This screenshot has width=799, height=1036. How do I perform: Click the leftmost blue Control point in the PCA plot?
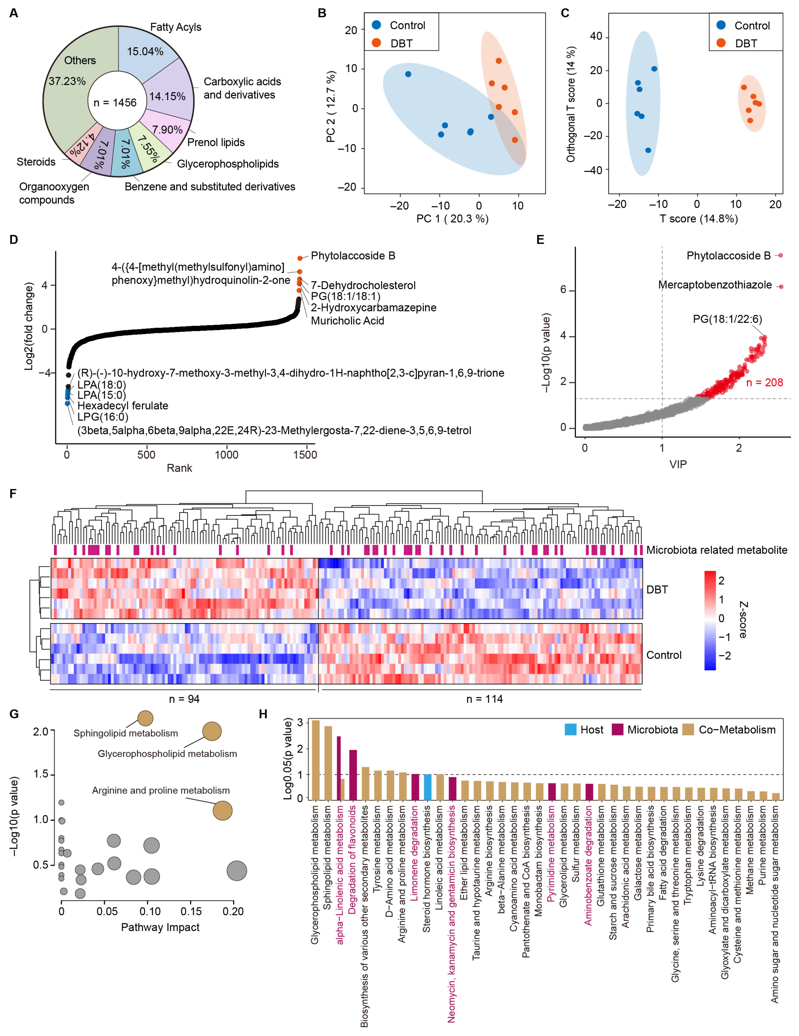[x=408, y=74]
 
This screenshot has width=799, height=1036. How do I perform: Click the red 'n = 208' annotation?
[x=764, y=382]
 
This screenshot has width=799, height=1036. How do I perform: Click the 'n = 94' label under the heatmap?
[x=184, y=699]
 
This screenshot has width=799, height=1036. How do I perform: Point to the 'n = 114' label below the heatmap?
[x=484, y=699]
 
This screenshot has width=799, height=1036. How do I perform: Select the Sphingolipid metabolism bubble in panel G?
[x=145, y=718]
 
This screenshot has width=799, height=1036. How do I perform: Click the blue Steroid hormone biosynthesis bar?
[x=427, y=788]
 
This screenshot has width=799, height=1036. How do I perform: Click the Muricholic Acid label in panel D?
[x=347, y=321]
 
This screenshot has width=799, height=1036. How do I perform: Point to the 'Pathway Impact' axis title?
[x=160, y=927]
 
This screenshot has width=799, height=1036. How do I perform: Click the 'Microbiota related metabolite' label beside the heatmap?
[x=716, y=550]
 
